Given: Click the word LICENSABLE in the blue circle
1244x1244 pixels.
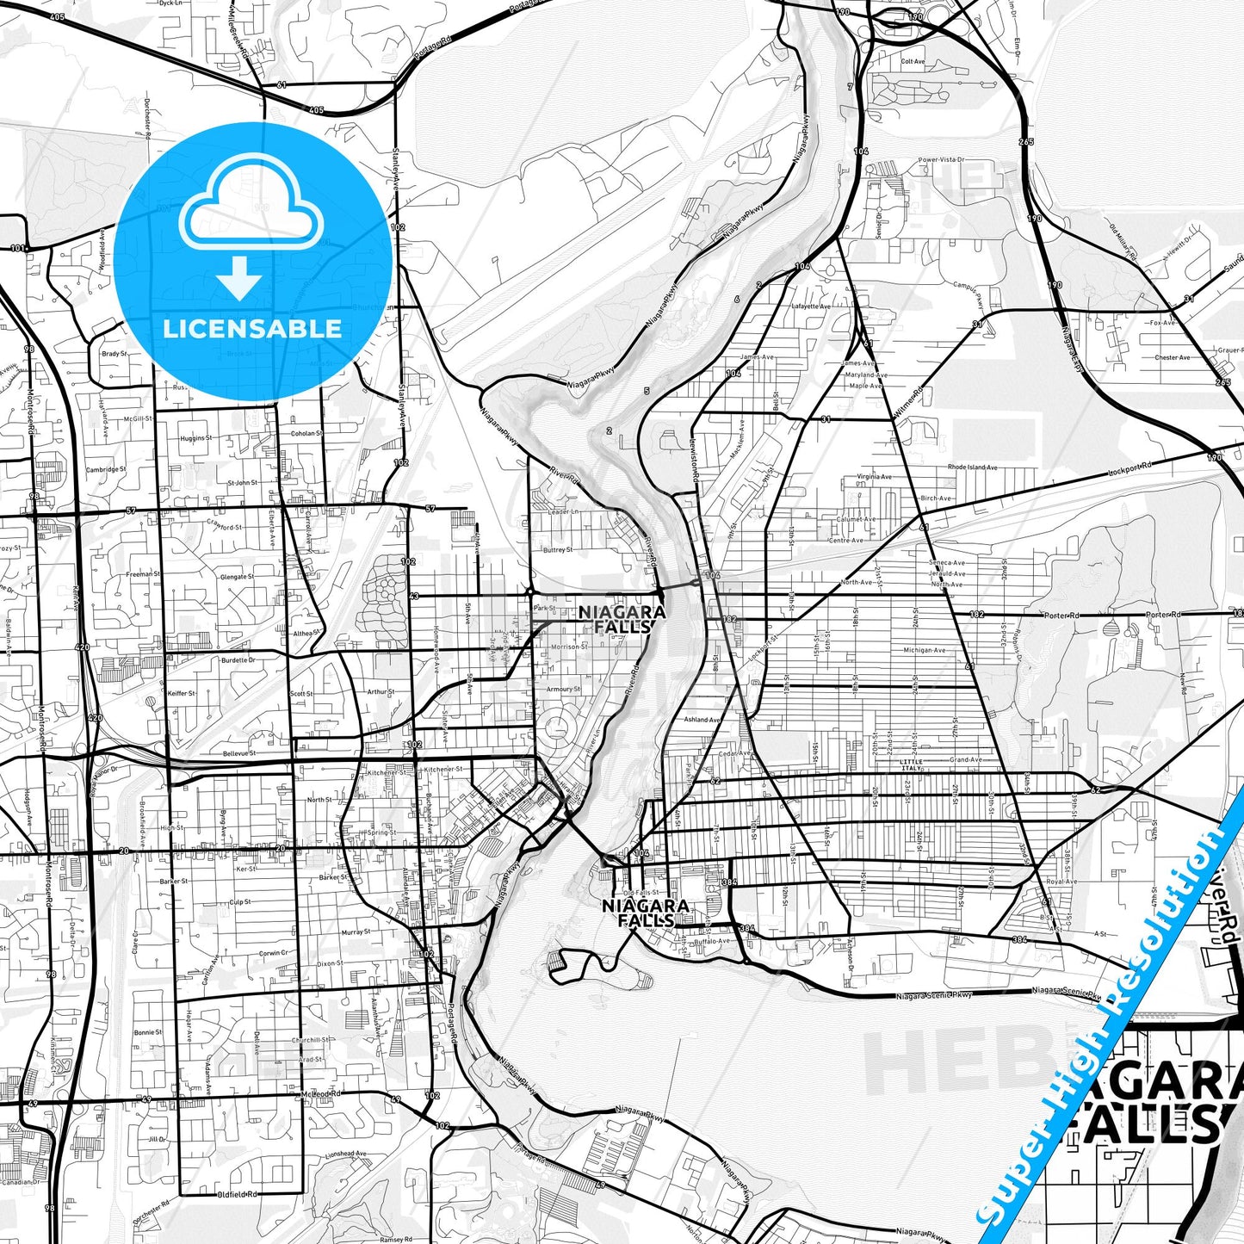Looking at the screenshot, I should [x=252, y=329].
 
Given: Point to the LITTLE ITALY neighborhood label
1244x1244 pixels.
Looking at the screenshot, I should [x=910, y=765].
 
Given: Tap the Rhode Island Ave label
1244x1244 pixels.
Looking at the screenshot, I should [x=972, y=467].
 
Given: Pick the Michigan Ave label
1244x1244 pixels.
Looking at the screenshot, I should [x=924, y=651].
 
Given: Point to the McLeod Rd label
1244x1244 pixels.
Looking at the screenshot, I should [x=322, y=1093].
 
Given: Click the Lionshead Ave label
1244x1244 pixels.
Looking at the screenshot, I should [x=345, y=1154].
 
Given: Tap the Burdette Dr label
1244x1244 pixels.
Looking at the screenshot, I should [x=238, y=660].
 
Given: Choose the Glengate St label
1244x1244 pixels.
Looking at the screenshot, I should [x=237, y=577].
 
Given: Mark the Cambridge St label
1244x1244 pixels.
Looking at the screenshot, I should [x=106, y=469].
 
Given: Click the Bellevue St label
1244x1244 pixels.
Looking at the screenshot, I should [x=239, y=753].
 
